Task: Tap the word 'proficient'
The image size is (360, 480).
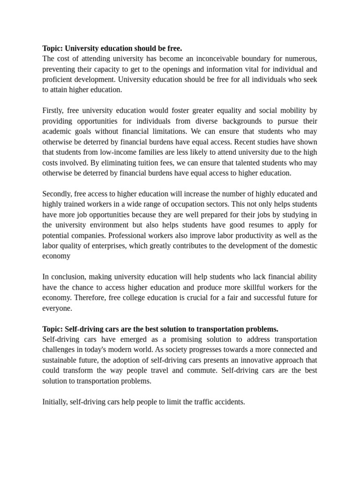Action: click(58, 79)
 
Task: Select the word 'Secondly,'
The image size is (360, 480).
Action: click(57, 194)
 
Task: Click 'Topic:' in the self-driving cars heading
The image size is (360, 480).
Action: click(52, 329)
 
